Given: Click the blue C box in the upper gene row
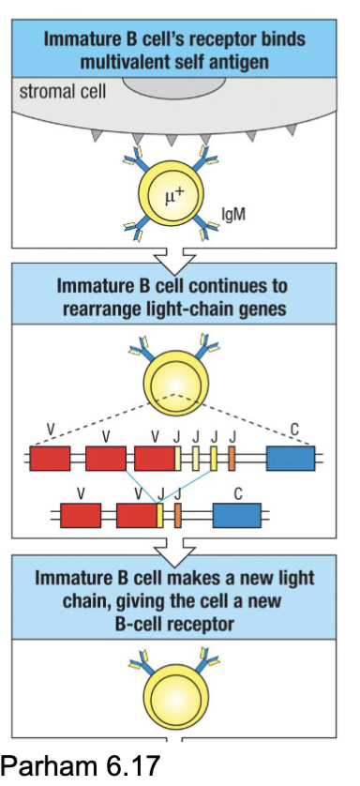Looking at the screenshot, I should coord(291,459).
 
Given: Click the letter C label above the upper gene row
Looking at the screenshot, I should coord(294,431).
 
